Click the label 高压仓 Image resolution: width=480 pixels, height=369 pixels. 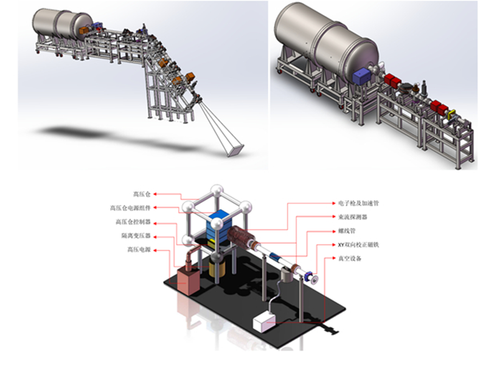142,195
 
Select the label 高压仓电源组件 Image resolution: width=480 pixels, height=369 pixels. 130,208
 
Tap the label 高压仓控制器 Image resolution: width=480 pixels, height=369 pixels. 133,222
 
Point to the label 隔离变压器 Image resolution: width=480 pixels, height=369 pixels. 136,236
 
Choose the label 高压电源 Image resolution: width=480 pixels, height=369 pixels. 139,250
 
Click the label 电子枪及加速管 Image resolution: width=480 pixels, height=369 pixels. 358,203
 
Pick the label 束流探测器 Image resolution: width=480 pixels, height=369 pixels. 353,217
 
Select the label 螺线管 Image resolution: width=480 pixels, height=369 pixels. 347,231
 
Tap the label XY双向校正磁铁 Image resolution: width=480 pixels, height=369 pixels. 358,245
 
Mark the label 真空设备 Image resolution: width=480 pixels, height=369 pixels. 350,258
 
